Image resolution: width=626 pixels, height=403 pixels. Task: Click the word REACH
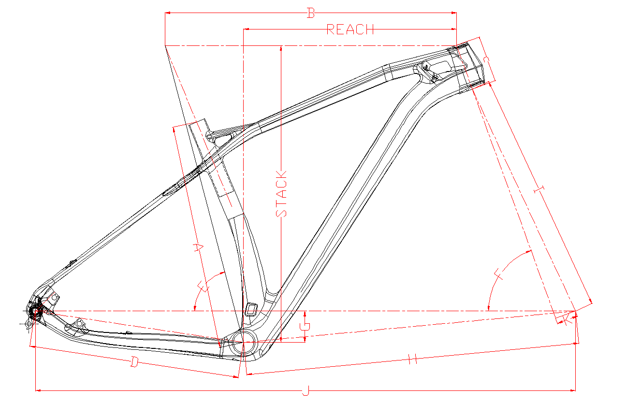(350, 29)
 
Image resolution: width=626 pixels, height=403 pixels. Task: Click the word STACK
(281, 194)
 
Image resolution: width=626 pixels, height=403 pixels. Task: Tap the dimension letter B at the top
(311, 13)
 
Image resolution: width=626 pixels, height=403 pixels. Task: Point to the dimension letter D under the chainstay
(134, 362)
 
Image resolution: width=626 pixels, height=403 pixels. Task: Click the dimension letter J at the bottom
(306, 390)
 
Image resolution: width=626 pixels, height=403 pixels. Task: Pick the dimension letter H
(413, 359)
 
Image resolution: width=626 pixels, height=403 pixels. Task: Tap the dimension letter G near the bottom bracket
(305, 326)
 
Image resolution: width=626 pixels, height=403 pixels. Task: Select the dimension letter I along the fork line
(539, 189)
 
